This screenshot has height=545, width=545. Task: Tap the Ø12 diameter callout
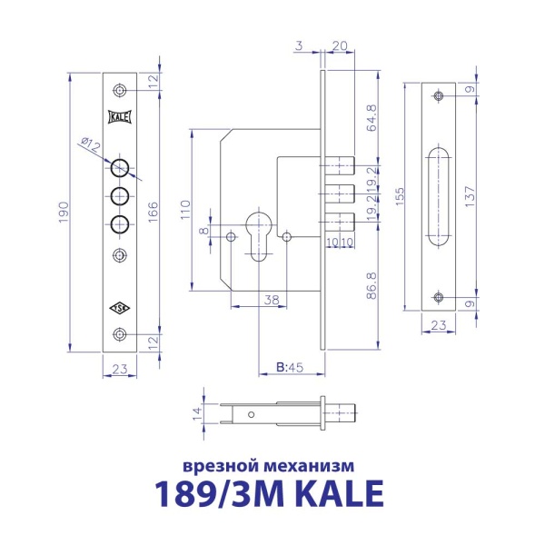tap(90, 144)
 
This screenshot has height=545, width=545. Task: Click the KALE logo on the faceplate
tap(120, 117)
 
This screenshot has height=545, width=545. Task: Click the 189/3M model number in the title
tap(213, 494)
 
